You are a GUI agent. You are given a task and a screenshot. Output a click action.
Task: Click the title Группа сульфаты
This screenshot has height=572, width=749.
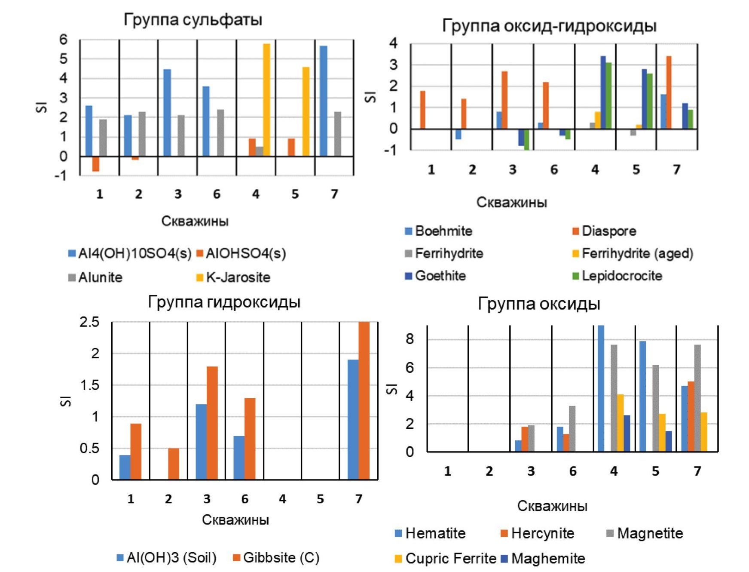pyautogui.click(x=193, y=20)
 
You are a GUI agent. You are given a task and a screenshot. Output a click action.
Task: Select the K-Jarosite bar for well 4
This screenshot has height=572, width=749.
pyautogui.click(x=266, y=100)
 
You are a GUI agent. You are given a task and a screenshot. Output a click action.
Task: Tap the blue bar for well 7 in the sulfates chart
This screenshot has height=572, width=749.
pyautogui.click(x=324, y=101)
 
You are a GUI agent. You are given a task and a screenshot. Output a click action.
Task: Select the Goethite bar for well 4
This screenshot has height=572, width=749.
pyautogui.click(x=603, y=92)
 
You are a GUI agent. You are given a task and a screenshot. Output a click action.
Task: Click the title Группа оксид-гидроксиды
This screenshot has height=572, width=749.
pyautogui.click(x=549, y=26)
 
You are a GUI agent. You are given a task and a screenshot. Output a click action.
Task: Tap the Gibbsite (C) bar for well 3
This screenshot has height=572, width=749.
pyautogui.click(x=212, y=423)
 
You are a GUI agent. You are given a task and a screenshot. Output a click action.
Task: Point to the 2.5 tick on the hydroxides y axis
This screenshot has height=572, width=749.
pyautogui.click(x=89, y=322)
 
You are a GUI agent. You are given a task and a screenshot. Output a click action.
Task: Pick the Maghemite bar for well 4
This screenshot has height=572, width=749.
pyautogui.click(x=627, y=433)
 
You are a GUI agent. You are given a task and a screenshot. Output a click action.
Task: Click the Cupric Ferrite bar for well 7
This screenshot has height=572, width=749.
pyautogui.click(x=704, y=432)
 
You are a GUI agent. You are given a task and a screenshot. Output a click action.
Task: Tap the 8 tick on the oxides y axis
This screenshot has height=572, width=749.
pyautogui.click(x=410, y=339)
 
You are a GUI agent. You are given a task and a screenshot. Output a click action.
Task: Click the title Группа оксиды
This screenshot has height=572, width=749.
pyautogui.click(x=539, y=304)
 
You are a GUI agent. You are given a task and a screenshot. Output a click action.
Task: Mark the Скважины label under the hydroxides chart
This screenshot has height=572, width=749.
pyautogui.click(x=235, y=520)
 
